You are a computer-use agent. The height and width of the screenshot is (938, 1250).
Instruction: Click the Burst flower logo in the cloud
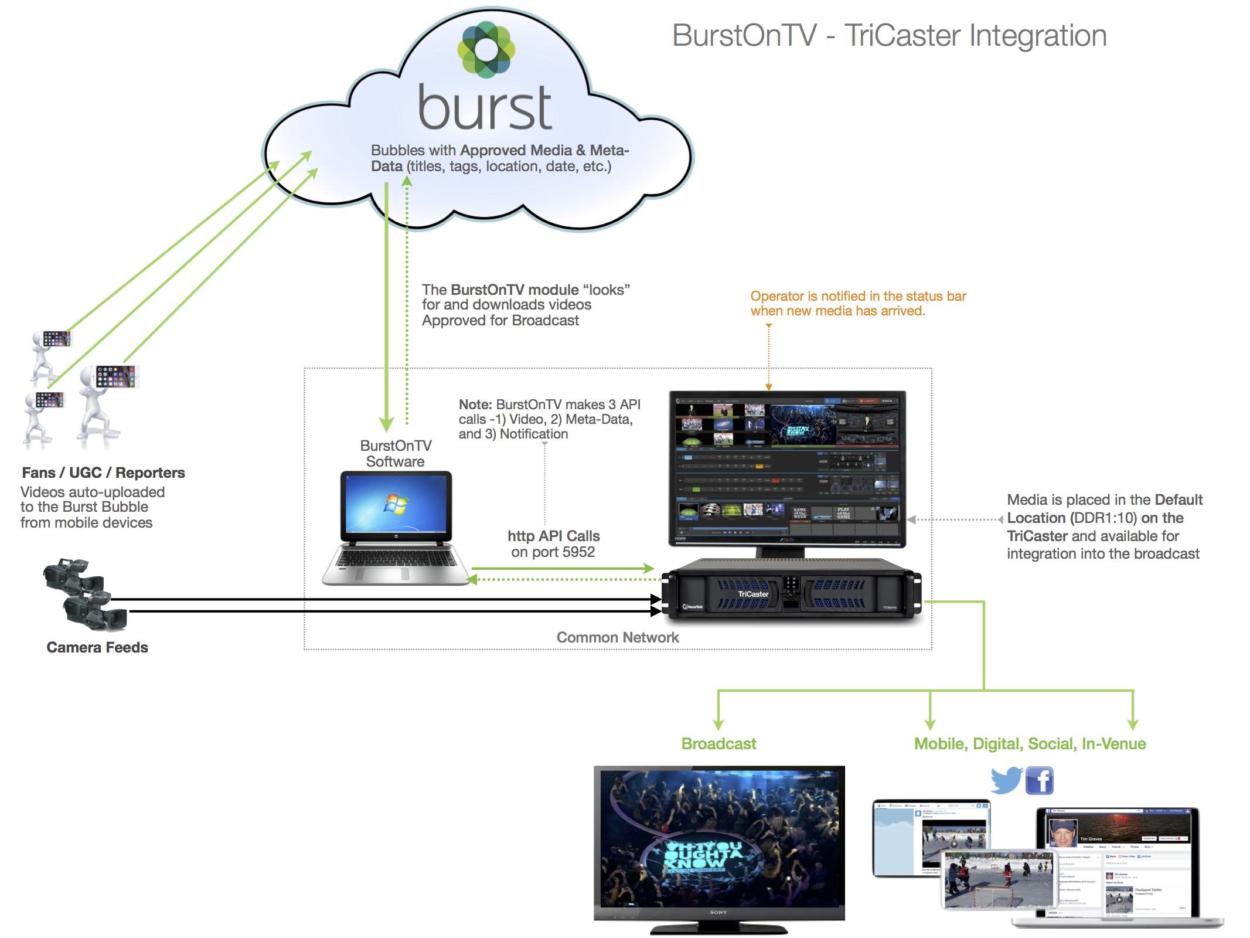pos(486,49)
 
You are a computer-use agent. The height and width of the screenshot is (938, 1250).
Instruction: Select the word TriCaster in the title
pos(903,36)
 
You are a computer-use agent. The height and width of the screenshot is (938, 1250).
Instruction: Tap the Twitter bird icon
pos(1006,780)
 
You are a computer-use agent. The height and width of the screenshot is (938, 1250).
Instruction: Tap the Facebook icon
pos(1040,781)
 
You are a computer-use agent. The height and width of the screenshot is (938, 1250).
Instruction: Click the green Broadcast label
pos(718,744)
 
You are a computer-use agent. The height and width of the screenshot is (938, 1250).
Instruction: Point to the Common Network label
pos(617,638)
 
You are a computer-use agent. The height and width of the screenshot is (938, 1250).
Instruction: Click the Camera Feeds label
pos(97,648)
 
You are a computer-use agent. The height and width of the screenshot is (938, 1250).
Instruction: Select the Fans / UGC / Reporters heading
pos(103,473)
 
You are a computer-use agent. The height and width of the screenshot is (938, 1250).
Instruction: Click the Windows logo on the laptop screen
pos(396,504)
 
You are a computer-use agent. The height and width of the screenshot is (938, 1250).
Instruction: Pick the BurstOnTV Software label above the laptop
pos(396,454)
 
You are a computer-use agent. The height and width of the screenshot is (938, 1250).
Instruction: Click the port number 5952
pos(578,552)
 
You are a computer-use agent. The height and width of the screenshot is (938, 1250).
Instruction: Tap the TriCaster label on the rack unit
pos(753,594)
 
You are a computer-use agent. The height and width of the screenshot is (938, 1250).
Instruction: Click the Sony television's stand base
pos(719,929)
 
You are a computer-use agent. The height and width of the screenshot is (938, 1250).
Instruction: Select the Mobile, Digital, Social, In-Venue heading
pos(1030,744)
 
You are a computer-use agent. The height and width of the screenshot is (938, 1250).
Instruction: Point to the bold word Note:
pos(475,405)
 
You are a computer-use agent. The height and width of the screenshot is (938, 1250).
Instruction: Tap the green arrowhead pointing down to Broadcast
pos(718,725)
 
